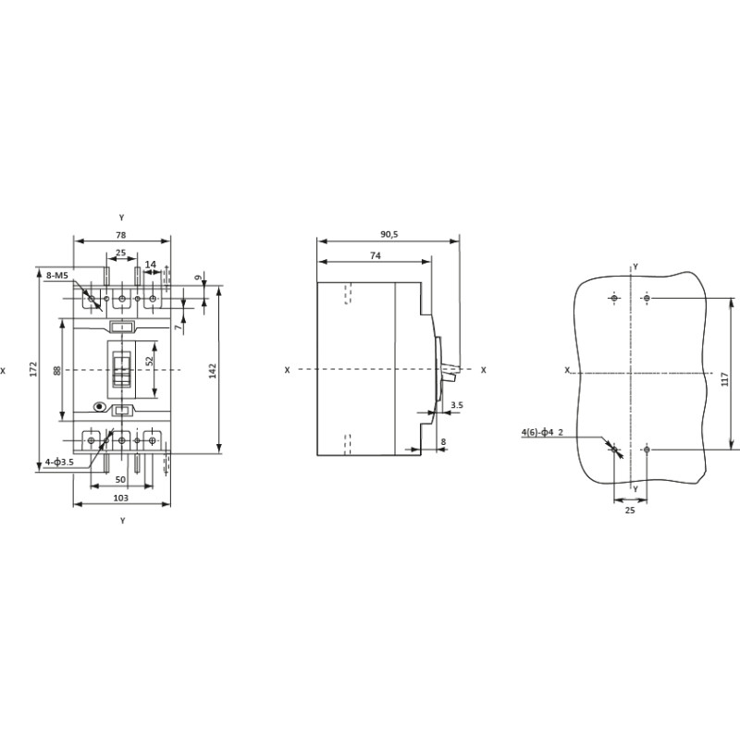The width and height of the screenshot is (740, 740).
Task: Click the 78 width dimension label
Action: point(121,235)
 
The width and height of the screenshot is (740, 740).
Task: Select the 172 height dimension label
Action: point(33,368)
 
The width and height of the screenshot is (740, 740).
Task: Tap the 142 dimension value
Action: point(212,371)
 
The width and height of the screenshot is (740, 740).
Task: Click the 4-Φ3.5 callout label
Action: point(59,462)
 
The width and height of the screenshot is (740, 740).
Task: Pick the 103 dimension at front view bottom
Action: point(121,498)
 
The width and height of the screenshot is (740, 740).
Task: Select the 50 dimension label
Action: point(120,479)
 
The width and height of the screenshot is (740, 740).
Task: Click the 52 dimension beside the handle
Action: point(150,361)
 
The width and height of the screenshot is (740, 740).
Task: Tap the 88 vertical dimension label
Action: point(57,371)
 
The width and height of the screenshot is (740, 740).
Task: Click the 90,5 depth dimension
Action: point(389,234)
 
